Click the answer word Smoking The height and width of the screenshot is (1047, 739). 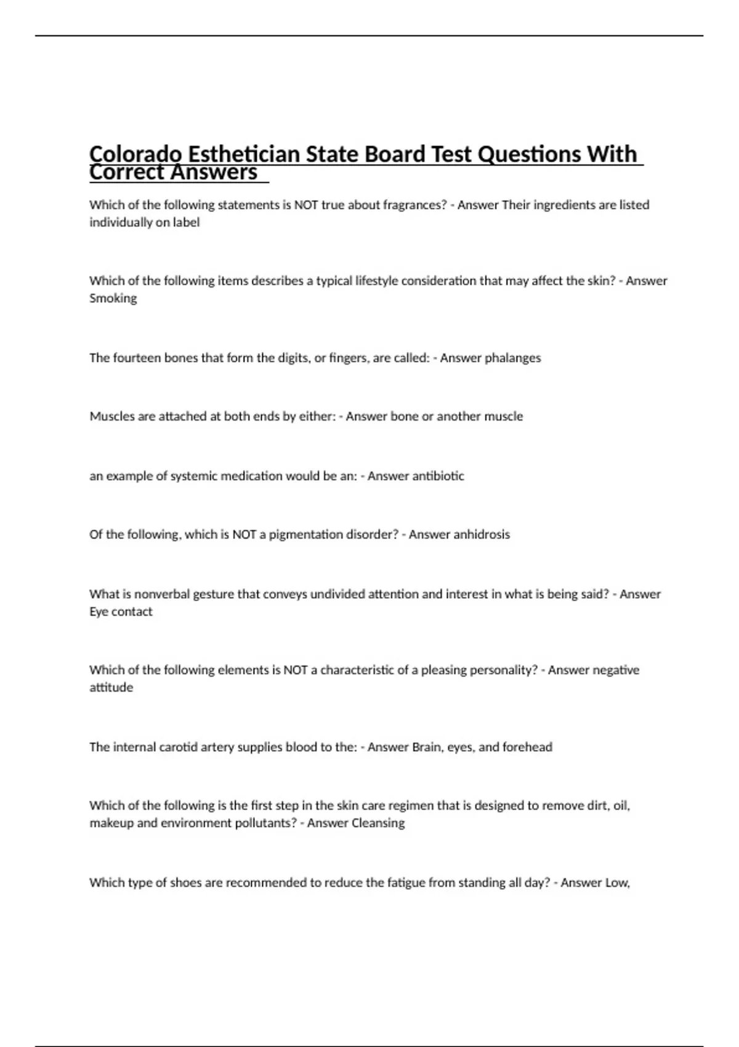113,299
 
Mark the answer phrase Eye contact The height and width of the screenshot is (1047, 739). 121,612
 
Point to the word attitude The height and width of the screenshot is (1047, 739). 111,687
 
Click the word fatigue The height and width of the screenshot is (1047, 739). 406,883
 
